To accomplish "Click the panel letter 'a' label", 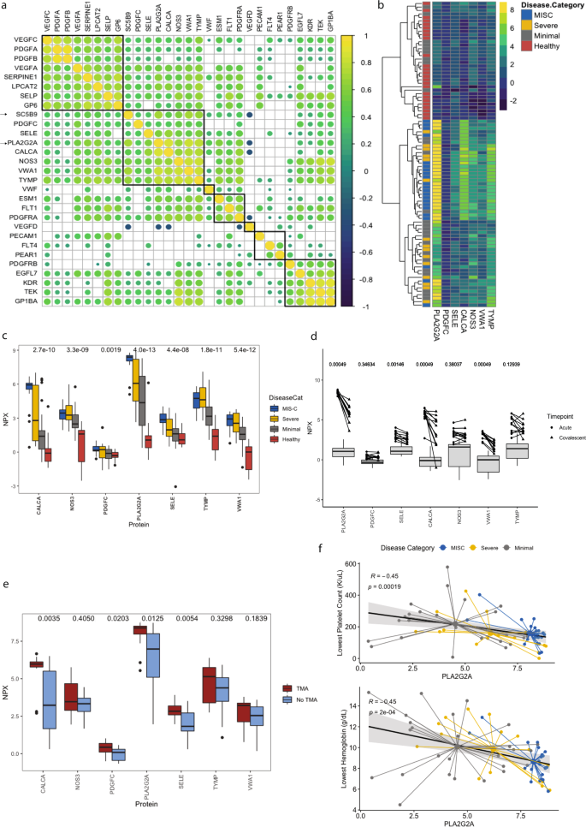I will [4, 7].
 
